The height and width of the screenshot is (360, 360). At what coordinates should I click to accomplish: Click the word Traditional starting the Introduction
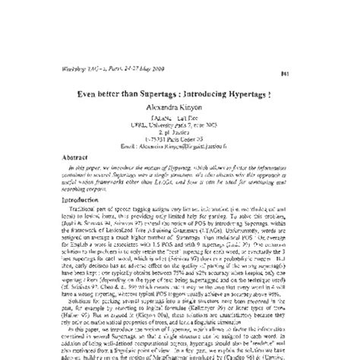pyautogui.click(x=80, y=204)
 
